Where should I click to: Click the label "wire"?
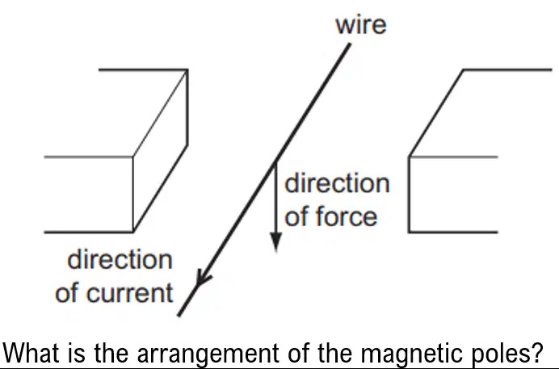tap(361, 25)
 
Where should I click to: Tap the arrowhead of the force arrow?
tap(276, 242)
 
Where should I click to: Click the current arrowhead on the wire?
tap(204, 278)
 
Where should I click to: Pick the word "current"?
tap(130, 293)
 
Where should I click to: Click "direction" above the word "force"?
tap(337, 183)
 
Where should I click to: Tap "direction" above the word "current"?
tap(120, 259)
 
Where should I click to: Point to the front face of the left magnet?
tap(88, 195)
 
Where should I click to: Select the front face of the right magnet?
tap(453, 195)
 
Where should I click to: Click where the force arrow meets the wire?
tap(275, 162)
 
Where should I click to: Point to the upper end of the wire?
tap(350, 44)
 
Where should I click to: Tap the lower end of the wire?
tap(179, 315)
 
